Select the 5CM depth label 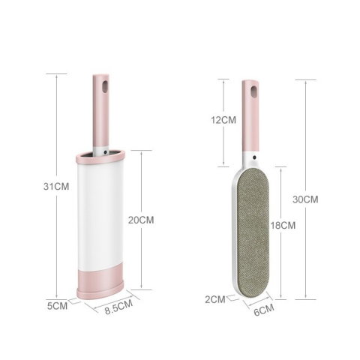(x=59, y=305)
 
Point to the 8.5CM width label (x=118, y=305)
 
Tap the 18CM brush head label (x=282, y=224)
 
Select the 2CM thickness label (x=215, y=299)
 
